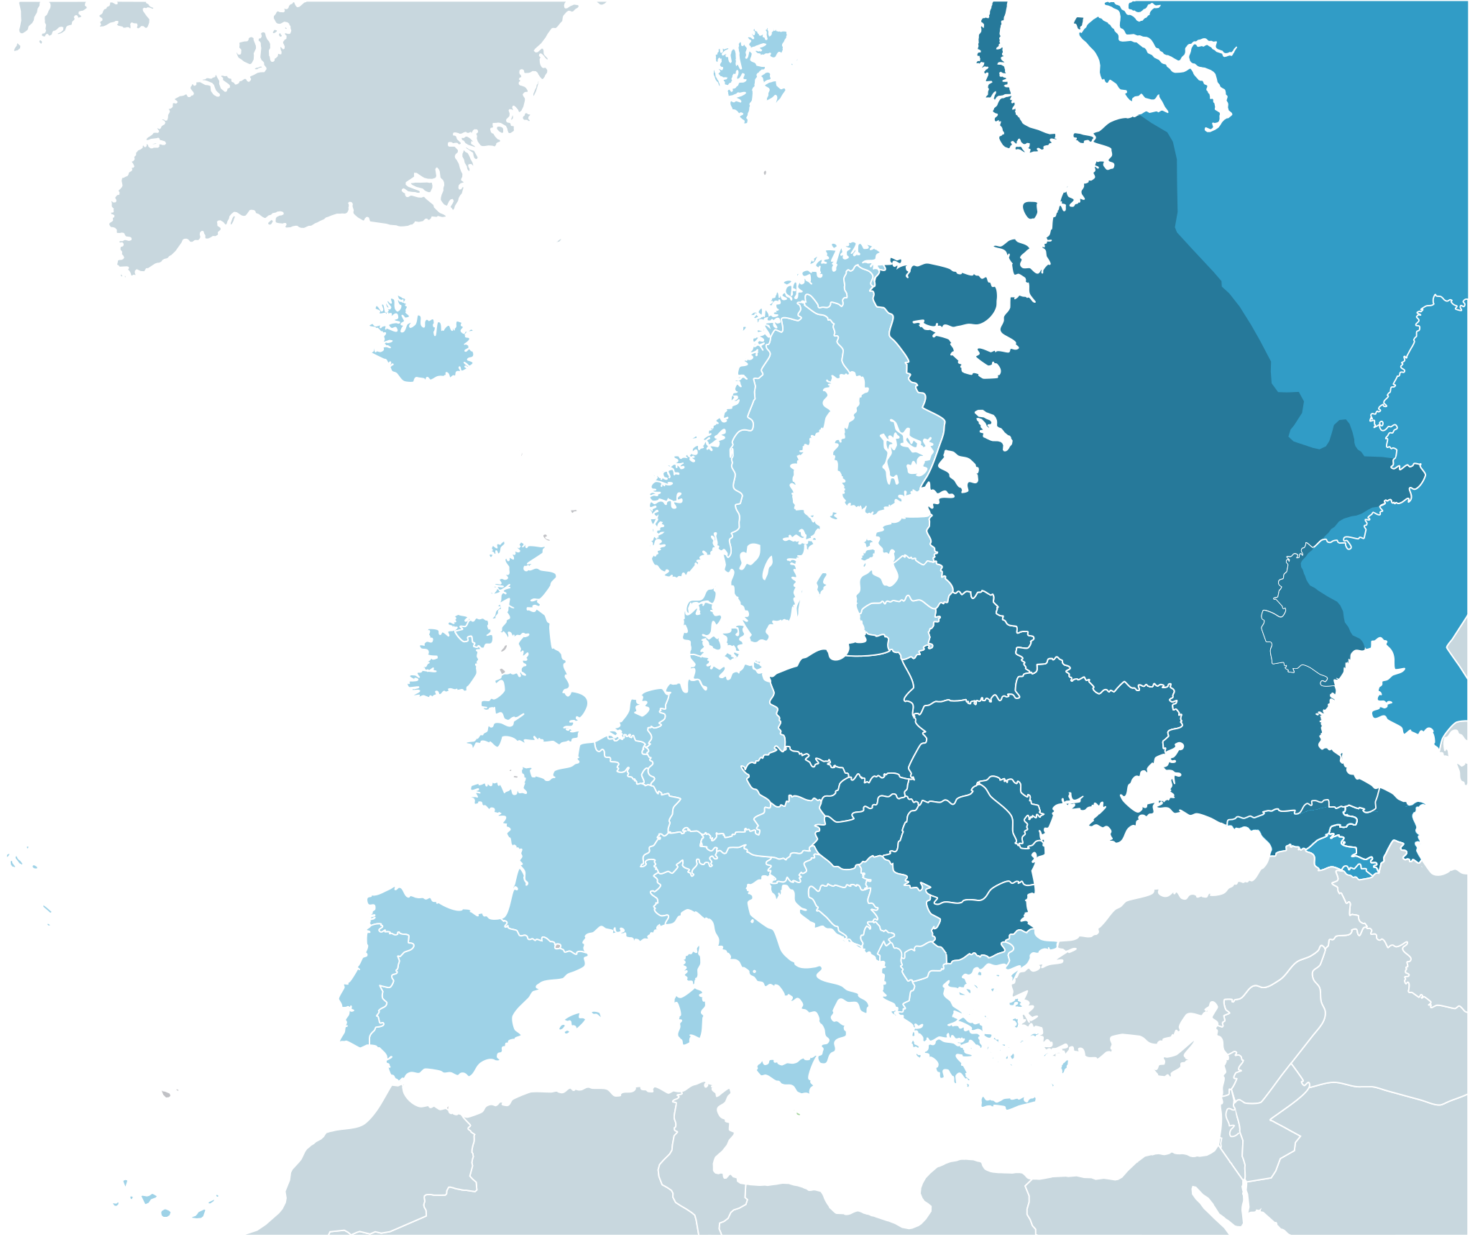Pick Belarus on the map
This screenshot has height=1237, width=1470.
(970, 654)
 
